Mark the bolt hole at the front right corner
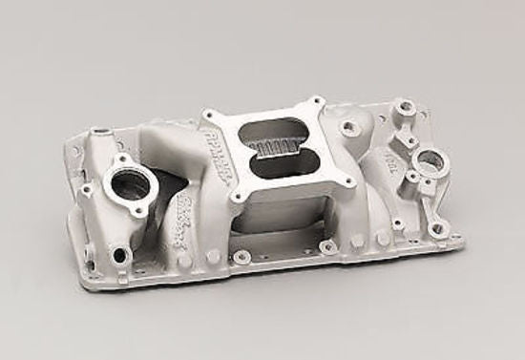click(x=438, y=229)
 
